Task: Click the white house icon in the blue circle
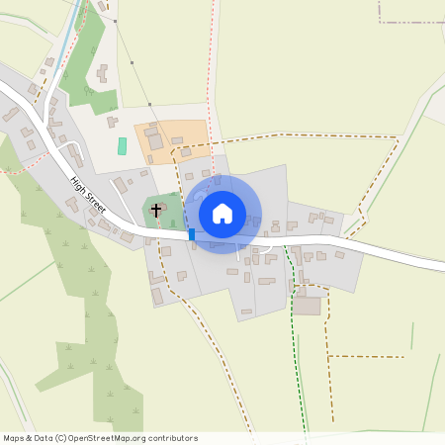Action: click(222, 213)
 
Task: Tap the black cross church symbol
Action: click(156, 210)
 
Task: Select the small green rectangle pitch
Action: click(123, 145)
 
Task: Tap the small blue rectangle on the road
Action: click(191, 234)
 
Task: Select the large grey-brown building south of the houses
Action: click(308, 306)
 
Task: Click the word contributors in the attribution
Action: click(173, 438)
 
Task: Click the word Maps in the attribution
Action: click(14, 438)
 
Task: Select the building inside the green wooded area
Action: click(102, 74)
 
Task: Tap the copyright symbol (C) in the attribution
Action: click(61, 438)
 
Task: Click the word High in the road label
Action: click(78, 184)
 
